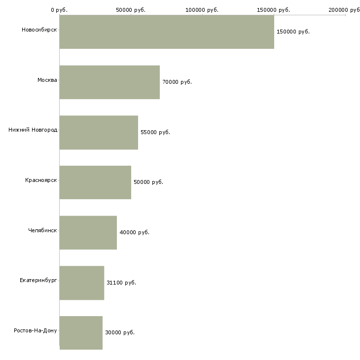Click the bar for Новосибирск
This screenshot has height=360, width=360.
pos(167,32)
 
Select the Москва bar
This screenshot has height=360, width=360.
pos(109,82)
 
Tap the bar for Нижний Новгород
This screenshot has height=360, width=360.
pos(99,132)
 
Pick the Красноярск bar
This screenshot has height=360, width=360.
pos(95,182)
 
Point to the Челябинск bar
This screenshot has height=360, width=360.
pos(88,232)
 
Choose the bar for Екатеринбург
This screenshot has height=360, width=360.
pos(82,283)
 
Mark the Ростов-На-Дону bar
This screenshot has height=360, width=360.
pos(81,332)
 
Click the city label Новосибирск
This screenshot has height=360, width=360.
pos(39,30)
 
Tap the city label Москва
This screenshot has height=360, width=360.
pos(47,80)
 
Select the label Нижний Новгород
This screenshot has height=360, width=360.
pos(33,130)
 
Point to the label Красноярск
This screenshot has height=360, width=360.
pos(41,180)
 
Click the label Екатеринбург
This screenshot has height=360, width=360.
pos(38,280)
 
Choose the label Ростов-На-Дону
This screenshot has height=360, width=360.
pos(36,330)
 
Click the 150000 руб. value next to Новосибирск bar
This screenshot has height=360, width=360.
pos(293,32)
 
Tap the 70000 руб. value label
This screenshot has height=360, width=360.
pos(177,82)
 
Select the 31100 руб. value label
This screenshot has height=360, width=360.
pos(121,283)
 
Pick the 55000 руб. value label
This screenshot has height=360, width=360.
pos(155,132)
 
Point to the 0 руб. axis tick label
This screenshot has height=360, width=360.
pos(59,10)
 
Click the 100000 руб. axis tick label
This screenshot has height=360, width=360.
pos(202,10)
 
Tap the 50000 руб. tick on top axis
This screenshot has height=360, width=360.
pos(131,10)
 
